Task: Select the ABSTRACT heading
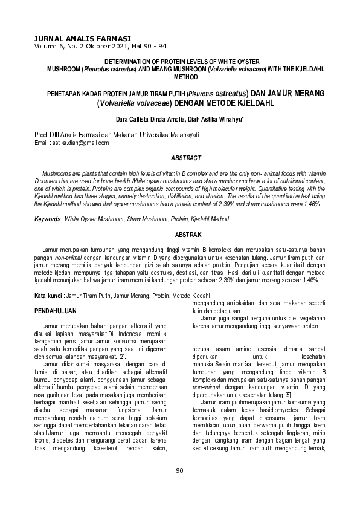[185, 158]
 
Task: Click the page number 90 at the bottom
[179, 487]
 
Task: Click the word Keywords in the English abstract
[47, 219]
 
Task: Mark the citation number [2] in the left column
[122, 358]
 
